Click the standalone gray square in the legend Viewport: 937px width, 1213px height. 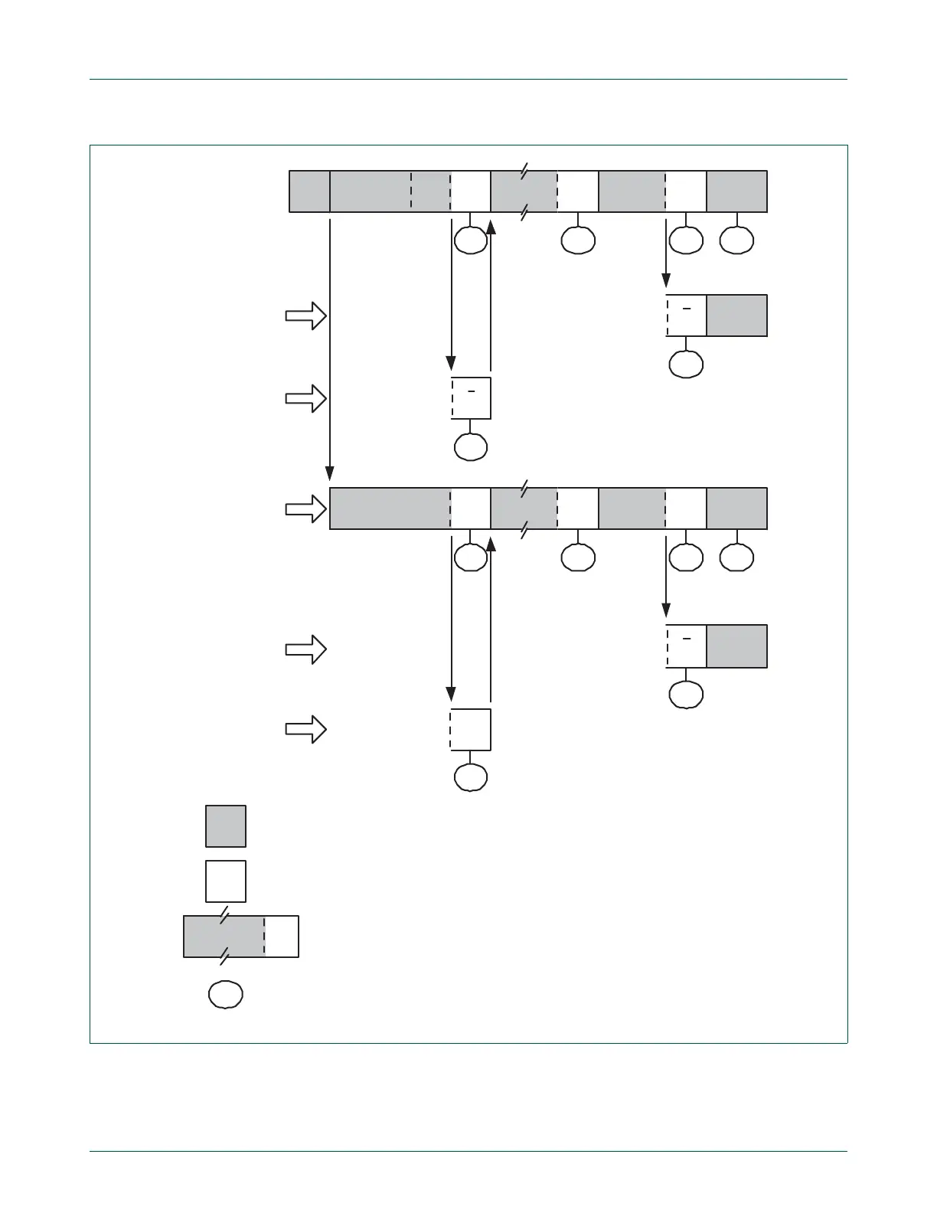[x=226, y=826]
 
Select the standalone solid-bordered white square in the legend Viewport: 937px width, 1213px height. [x=226, y=881]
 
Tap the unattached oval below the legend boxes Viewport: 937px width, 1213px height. [x=226, y=994]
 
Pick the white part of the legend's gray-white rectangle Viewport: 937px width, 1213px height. [x=282, y=937]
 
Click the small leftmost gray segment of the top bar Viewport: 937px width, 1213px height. [x=309, y=191]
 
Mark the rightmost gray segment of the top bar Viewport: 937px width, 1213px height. [x=736, y=191]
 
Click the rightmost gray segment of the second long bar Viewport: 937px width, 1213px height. [x=736, y=508]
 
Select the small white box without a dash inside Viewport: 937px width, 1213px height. [x=471, y=730]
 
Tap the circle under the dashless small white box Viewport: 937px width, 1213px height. [x=471, y=777]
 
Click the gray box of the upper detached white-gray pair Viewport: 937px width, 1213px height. [x=736, y=316]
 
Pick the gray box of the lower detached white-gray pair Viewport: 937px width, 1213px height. [x=736, y=646]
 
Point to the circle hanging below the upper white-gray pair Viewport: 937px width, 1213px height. [x=686, y=364]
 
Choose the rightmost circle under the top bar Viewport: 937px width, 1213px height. [x=736, y=240]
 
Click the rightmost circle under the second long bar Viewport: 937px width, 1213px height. [x=736, y=557]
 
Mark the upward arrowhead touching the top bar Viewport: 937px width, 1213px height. [x=491, y=225]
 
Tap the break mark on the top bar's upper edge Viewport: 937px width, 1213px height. [x=524, y=171]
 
